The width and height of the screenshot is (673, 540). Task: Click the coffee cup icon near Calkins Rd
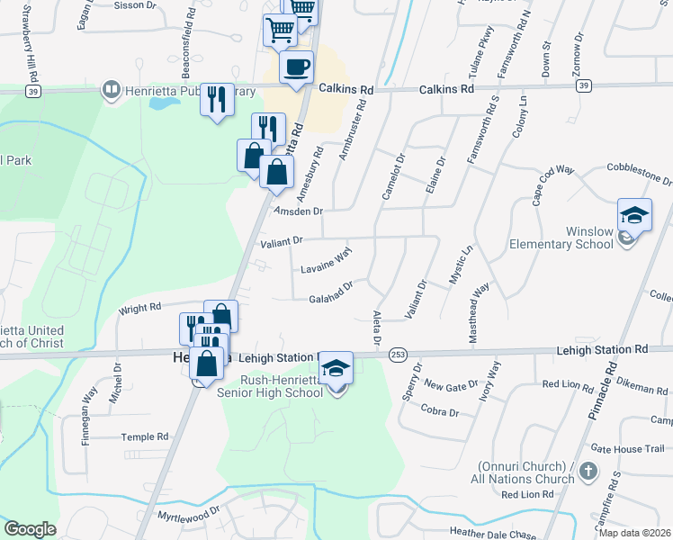click(296, 66)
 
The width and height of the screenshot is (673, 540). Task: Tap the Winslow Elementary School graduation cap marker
click(634, 217)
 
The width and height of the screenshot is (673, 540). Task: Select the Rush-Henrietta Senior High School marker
click(336, 368)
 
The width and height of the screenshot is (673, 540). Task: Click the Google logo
click(30, 529)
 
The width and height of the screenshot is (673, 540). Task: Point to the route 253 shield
click(398, 356)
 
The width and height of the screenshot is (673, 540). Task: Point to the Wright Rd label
click(139, 310)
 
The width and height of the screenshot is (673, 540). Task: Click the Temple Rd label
click(145, 436)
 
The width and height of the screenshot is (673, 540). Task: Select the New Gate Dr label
click(451, 385)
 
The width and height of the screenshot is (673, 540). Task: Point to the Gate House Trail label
click(627, 448)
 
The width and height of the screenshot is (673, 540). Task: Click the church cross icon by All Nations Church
click(587, 472)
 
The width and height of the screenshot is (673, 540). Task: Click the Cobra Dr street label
click(440, 411)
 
